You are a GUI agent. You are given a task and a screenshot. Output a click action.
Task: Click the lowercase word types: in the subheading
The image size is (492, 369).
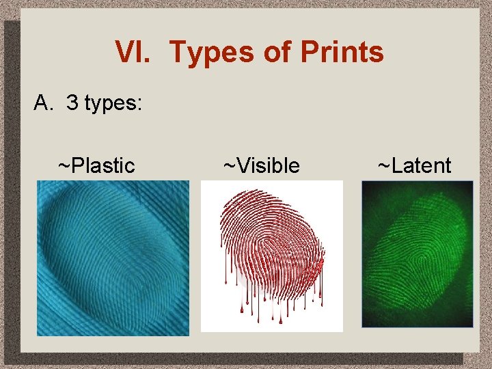113,104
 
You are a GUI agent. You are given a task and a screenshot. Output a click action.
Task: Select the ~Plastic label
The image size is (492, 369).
96,165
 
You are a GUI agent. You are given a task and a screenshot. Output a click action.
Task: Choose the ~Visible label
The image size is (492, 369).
262,165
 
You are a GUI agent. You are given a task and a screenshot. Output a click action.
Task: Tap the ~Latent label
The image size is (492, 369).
415,165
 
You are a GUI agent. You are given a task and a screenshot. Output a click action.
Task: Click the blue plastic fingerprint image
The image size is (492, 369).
113,258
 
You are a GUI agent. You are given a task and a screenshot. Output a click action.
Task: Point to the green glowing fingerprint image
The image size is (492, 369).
418,254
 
